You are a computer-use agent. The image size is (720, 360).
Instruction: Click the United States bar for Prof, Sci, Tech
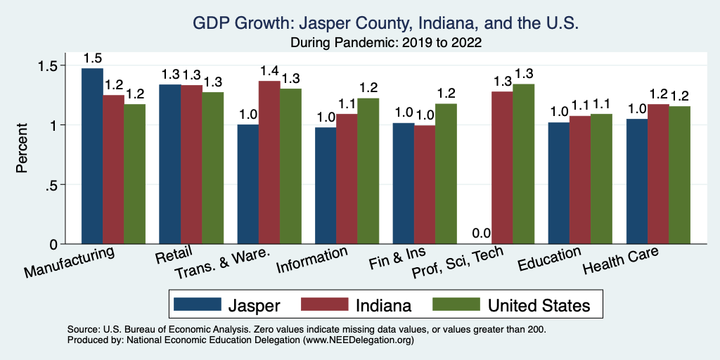point(523,164)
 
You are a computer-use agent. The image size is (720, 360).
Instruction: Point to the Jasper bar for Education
point(559,183)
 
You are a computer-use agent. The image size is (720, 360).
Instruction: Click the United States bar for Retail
point(212,168)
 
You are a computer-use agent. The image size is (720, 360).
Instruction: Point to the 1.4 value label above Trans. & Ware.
point(248,71)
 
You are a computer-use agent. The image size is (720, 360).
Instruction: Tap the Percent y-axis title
point(22,149)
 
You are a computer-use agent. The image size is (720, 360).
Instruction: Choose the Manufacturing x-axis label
point(70,262)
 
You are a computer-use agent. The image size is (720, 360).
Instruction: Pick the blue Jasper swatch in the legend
point(193,304)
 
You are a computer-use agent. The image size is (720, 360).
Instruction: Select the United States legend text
point(539,304)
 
